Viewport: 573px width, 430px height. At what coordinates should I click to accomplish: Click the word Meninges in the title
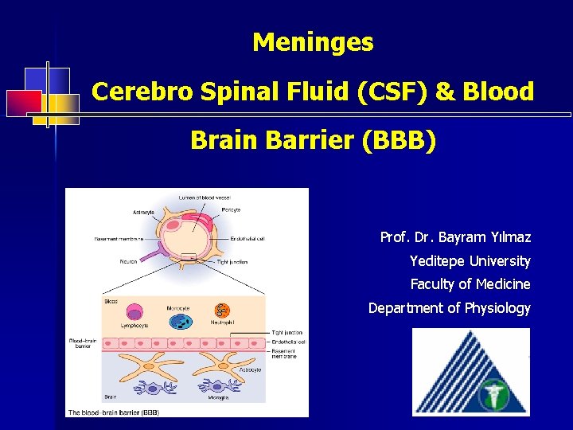pyautogui.click(x=313, y=42)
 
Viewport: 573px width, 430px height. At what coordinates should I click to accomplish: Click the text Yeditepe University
pyautogui.click(x=470, y=260)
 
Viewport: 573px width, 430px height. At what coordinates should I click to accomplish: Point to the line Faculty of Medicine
pyautogui.click(x=470, y=284)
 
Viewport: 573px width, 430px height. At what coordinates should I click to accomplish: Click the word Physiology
pyautogui.click(x=497, y=307)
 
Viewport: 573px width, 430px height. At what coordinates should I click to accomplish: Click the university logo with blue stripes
pyautogui.click(x=470, y=372)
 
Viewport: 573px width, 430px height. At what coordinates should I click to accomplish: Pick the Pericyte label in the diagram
pyautogui.click(x=231, y=209)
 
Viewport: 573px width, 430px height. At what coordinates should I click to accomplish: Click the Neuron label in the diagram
pyautogui.click(x=129, y=261)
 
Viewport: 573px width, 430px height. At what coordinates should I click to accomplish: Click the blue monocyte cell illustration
pyautogui.click(x=181, y=320)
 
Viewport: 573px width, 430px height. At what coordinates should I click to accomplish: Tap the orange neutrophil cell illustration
pyautogui.click(x=223, y=311)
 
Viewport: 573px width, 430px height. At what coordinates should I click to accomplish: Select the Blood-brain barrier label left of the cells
pyautogui.click(x=83, y=344)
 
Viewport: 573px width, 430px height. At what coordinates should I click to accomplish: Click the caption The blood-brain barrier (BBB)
pyautogui.click(x=114, y=412)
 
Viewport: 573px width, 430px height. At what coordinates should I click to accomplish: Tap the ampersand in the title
pyautogui.click(x=446, y=92)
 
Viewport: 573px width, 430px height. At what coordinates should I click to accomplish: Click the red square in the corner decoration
pyautogui.click(x=24, y=103)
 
